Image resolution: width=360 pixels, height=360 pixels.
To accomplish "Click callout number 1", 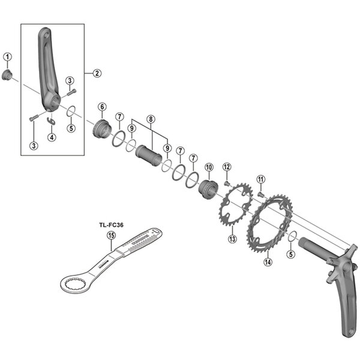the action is pyautogui.click(x=8, y=57).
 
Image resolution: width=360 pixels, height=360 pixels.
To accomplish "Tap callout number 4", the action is pyautogui.click(x=52, y=137).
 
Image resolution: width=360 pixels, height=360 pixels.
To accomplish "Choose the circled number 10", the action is pyautogui.click(x=209, y=167).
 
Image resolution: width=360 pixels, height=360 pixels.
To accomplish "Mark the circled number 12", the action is pyautogui.click(x=226, y=166).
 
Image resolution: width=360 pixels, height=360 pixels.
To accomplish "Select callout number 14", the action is pyautogui.click(x=268, y=261).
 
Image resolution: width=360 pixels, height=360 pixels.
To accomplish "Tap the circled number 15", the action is pyautogui.click(x=110, y=236).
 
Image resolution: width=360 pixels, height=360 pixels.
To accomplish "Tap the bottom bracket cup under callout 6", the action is pyautogui.click(x=101, y=129).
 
